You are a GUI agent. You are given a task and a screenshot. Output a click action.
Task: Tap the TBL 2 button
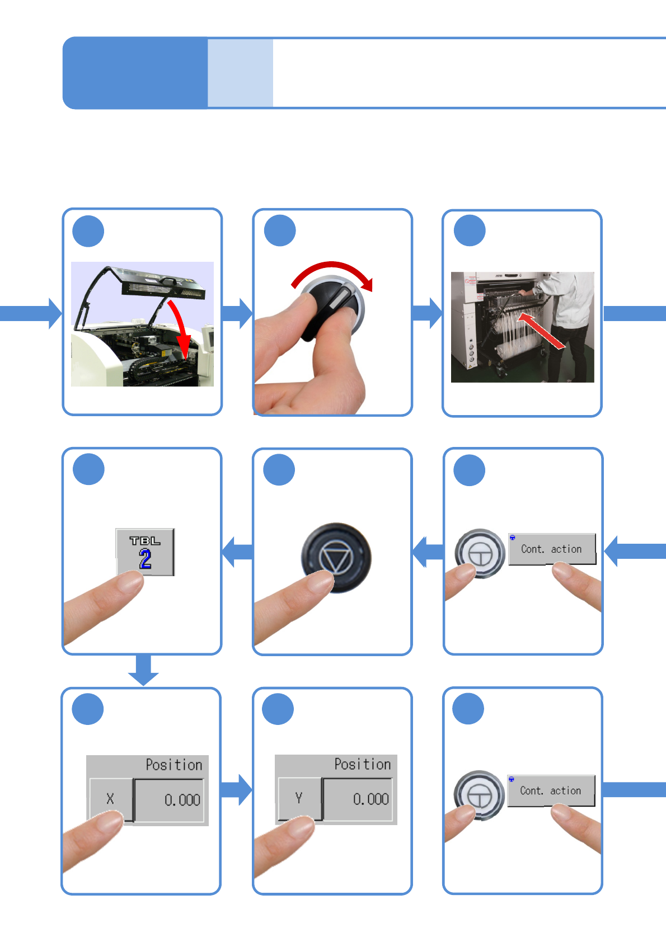145,552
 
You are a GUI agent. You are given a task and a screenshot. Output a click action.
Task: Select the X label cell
110,799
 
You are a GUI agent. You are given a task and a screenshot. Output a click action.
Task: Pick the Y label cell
299,798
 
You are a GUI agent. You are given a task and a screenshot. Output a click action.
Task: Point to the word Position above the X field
173,765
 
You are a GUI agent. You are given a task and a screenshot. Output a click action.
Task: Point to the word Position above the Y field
362,764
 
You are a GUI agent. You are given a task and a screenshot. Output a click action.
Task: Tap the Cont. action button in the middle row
551,549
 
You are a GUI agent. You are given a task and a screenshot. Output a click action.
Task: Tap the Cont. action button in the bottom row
551,790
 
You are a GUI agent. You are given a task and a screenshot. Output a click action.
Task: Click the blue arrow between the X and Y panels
237,789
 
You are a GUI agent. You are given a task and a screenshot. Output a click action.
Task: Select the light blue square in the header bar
240,73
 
